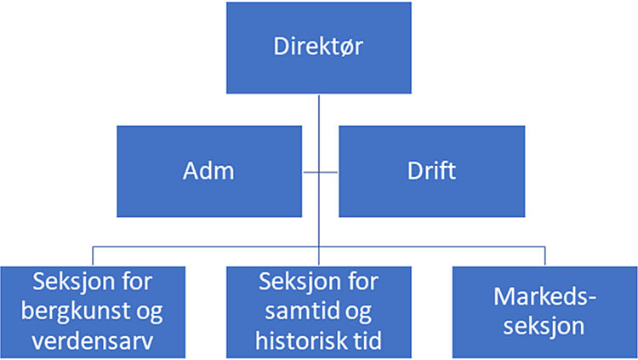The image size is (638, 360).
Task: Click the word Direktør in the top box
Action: coord(318,47)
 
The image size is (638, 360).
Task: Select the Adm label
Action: coord(208,170)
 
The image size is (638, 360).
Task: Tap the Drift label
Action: coord(431,170)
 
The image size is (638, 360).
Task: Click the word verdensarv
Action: coord(93,340)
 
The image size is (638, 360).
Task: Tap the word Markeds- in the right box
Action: coord(544,296)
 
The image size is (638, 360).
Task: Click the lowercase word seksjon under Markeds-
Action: coord(544,326)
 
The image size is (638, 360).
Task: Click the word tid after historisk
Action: coord(365,340)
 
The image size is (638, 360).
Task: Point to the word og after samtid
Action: coord(358,312)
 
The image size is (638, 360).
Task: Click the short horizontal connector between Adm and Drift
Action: coord(320,172)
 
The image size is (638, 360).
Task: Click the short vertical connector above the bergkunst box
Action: coord(93,256)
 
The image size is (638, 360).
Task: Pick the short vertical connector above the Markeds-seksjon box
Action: coord(544,256)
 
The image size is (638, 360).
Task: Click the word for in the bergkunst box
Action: coord(137,281)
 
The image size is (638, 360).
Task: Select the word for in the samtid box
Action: coord(363,281)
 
